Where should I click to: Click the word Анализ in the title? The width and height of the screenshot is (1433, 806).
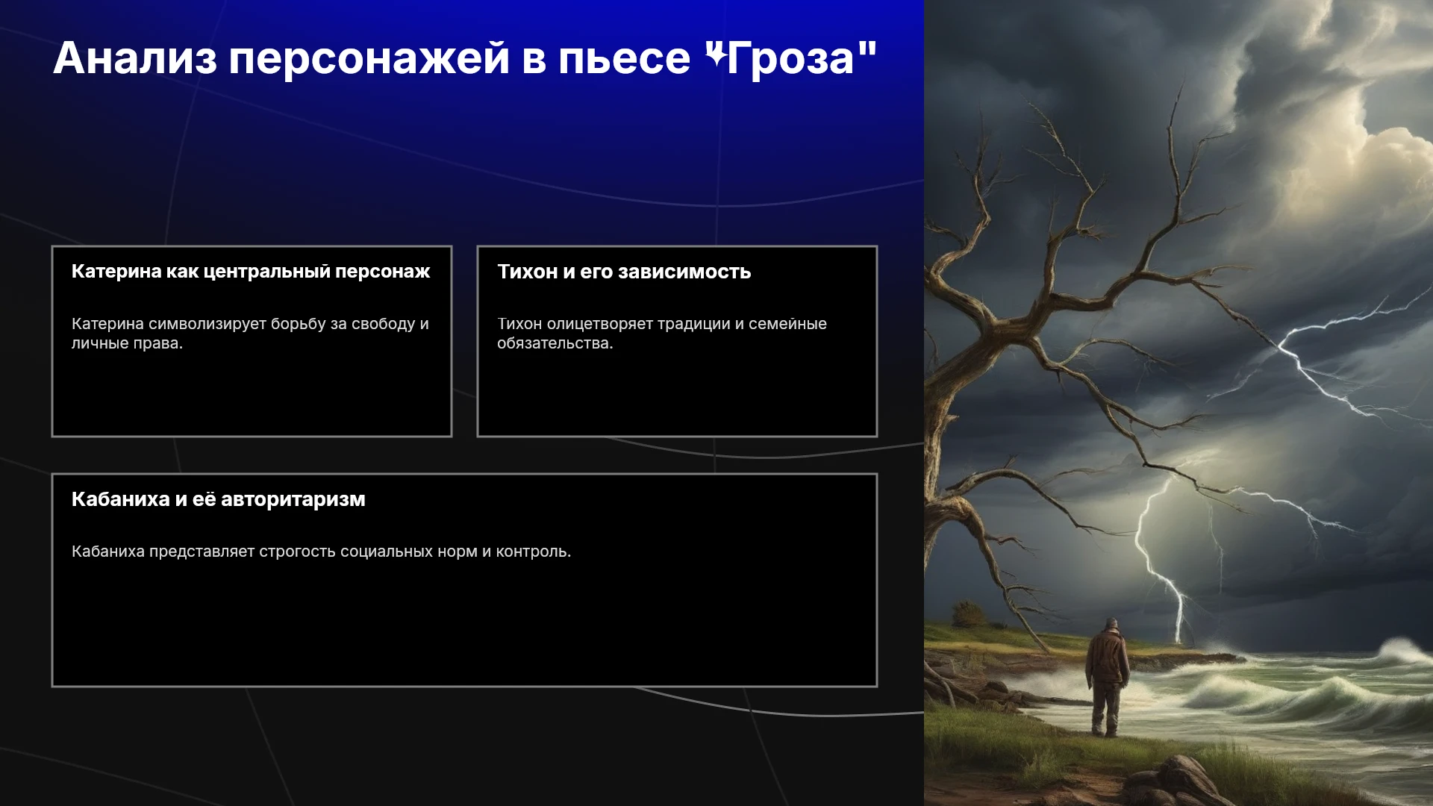pos(135,58)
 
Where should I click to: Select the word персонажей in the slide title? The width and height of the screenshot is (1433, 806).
pos(369,60)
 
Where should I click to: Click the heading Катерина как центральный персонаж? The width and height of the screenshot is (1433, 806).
pos(251,272)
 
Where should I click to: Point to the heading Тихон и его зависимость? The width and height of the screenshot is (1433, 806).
pos(624,272)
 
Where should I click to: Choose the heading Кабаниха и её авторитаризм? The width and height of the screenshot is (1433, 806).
pos(219,499)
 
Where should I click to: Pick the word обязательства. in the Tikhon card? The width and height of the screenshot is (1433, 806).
pos(555,343)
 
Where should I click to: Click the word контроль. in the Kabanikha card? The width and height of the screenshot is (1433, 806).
pos(534,552)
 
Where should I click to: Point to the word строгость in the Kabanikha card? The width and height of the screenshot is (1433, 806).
pos(298,552)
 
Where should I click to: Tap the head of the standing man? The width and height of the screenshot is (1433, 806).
pos(1112,625)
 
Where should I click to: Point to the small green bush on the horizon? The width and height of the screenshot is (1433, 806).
pos(970,615)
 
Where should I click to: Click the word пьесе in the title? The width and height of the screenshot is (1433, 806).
pos(625,58)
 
